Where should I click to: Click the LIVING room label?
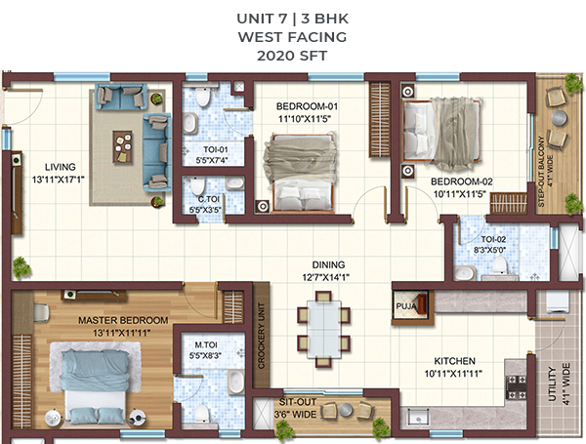coord(61,167)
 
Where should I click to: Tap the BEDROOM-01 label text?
coord(307,106)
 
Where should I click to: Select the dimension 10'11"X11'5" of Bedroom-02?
coord(459,194)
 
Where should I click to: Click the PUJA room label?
coord(406,306)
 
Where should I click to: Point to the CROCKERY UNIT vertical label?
coord(261,336)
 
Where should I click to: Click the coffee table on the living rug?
coord(123,146)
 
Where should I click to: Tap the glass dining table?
coord(324,329)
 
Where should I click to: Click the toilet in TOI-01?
coord(202,96)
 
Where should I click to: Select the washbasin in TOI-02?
coord(464,272)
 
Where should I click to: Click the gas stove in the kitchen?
coord(516,387)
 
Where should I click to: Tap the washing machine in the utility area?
coord(558,302)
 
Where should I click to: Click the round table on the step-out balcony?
coord(559,118)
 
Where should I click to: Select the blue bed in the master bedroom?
coord(95,383)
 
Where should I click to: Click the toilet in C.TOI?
coord(197,186)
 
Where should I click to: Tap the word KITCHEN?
coord(454,361)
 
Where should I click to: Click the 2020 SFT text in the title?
coord(292,56)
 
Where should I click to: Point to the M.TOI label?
coord(205,344)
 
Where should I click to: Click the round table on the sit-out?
coord(346,409)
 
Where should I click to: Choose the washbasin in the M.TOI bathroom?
coord(235,381)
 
